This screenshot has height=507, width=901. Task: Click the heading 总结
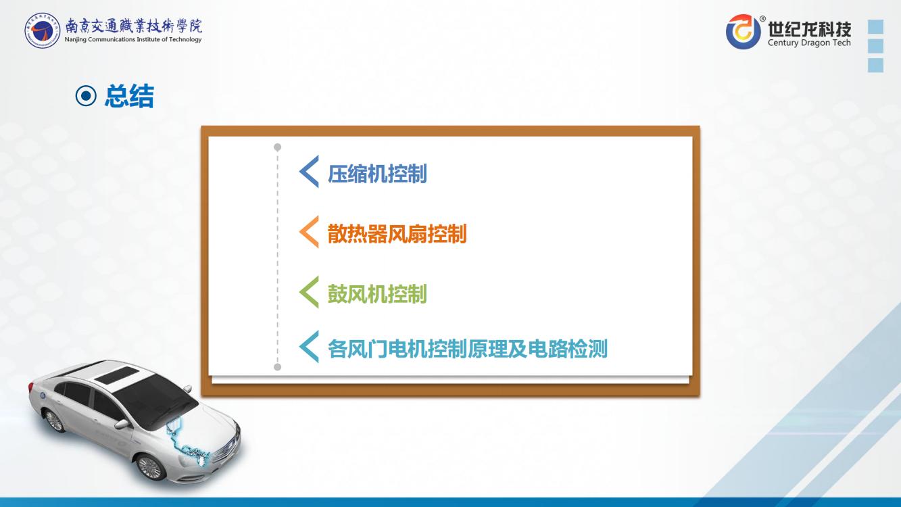pyautogui.click(x=129, y=96)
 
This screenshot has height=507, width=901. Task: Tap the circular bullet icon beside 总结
pyautogui.click(x=86, y=96)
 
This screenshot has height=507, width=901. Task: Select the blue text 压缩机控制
pyautogui.click(x=377, y=174)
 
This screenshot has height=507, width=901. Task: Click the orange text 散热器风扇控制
pyautogui.click(x=397, y=234)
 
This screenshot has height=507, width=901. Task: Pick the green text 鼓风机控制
pyautogui.click(x=377, y=294)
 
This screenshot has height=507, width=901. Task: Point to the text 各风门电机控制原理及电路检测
pyautogui.click(x=467, y=348)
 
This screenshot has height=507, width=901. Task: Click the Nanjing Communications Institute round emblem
pyautogui.click(x=42, y=30)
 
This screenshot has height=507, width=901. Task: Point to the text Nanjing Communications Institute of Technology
pyautogui.click(x=133, y=39)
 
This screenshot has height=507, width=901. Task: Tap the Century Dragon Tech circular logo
pyautogui.click(x=743, y=32)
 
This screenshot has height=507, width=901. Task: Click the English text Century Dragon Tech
pyautogui.click(x=809, y=43)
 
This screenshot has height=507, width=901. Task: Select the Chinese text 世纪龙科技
pyautogui.click(x=809, y=28)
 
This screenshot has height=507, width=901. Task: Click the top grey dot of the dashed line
pyautogui.click(x=278, y=147)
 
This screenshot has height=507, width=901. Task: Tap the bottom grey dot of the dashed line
pyautogui.click(x=278, y=367)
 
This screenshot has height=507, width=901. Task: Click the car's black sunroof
pyautogui.click(x=115, y=375)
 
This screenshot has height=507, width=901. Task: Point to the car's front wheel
pyautogui.click(x=150, y=468)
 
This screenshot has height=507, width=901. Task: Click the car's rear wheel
pyautogui.click(x=54, y=421)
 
